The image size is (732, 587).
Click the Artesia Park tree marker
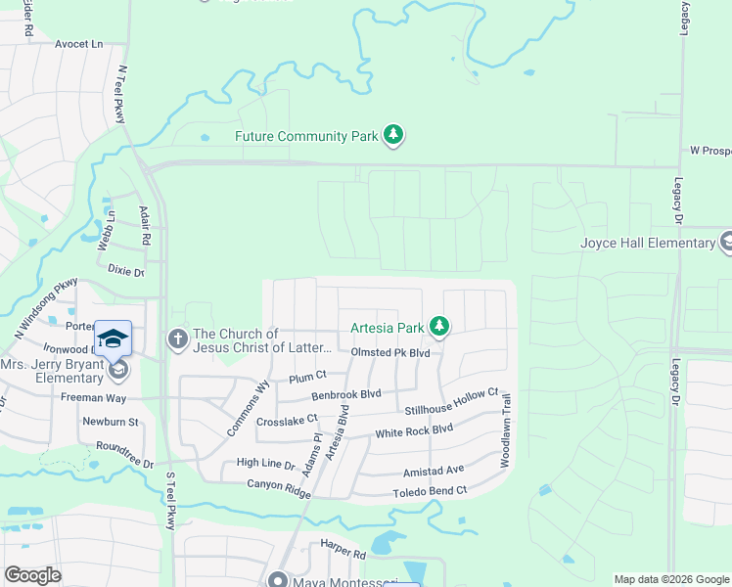pos(440,326)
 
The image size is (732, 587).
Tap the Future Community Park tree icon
pos(393,135)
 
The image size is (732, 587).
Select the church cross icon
pos(177,339)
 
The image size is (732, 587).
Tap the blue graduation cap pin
pos(114,339)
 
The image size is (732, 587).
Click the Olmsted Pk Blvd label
pos(390,352)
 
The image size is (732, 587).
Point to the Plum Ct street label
pos(307,376)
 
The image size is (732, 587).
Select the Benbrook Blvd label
pos(345,395)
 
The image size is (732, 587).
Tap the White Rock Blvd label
pos(414,430)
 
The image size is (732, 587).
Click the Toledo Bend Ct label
pos(430,491)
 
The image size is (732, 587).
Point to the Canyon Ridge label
pos(256,484)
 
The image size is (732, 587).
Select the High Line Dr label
pos(265,464)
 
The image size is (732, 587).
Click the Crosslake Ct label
pos(287,421)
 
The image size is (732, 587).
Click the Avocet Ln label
pos(79,45)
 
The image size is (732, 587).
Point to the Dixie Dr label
pos(125,269)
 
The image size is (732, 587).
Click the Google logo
pos(32,575)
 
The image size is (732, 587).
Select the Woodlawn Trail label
pos(507,429)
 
